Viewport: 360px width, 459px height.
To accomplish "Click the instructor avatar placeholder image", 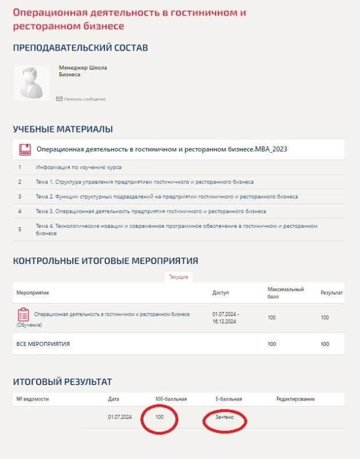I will click(32, 83).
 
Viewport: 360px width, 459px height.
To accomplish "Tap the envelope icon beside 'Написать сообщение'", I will click(59, 99).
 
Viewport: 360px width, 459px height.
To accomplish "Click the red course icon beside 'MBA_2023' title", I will click(25, 150).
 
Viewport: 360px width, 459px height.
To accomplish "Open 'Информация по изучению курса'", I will click(79, 168).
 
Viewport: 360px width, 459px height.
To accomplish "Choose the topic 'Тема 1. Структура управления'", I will click(144, 182).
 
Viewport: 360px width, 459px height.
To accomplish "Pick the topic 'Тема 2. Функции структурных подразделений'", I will click(166, 197).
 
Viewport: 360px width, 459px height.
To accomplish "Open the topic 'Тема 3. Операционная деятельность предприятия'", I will click(151, 211).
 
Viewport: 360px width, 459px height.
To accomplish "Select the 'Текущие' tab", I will click(178, 277).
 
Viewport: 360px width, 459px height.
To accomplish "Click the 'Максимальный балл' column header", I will click(285, 293).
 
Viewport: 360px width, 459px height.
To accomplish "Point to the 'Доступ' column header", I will click(221, 293).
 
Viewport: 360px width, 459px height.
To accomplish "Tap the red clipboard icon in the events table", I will click(24, 314).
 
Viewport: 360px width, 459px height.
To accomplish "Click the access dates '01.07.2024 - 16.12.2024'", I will click(226, 317).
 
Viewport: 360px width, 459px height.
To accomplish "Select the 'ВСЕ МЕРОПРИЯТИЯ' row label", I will click(43, 344).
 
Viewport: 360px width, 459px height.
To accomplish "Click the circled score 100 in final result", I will click(159, 417).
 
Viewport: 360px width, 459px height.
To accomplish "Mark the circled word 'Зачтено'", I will click(224, 417).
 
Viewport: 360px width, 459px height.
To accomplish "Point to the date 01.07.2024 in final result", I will click(119, 417).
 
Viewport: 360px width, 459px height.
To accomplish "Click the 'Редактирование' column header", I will click(295, 399).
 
